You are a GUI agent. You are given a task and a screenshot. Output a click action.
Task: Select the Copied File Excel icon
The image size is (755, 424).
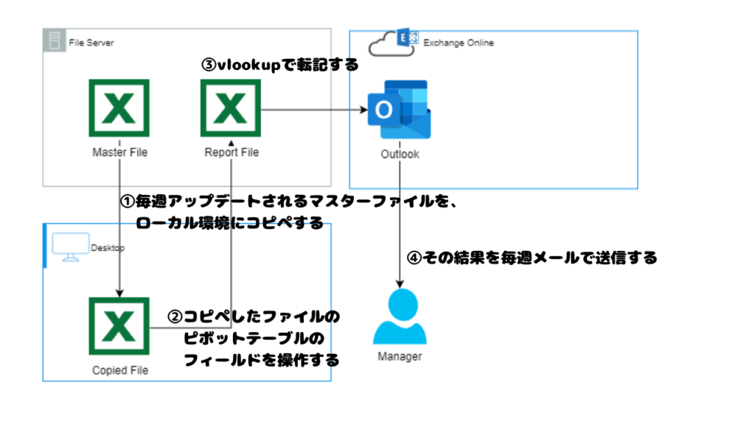pos(119,328)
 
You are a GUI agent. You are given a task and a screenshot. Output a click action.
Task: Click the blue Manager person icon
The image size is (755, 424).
pos(400,317)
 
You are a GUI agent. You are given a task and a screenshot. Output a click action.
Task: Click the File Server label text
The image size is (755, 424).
pos(91,43)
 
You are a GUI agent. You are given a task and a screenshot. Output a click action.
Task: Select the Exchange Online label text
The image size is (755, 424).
pos(458,43)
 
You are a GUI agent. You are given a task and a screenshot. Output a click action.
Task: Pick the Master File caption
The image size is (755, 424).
pos(119,153)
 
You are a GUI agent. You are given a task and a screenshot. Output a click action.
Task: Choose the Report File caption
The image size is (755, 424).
pos(232,153)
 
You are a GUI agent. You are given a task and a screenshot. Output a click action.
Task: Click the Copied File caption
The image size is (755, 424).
pos(119,370)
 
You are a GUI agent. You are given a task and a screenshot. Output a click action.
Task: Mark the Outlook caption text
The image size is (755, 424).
pos(400,155)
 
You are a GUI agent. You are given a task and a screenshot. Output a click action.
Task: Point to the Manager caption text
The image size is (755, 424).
pos(400,357)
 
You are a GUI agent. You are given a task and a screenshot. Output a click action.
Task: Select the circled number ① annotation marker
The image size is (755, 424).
pos(126,201)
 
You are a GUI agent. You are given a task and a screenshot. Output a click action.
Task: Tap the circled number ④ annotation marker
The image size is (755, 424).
pos(414,258)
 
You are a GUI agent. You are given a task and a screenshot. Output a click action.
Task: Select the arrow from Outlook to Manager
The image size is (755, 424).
pos(400,221)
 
